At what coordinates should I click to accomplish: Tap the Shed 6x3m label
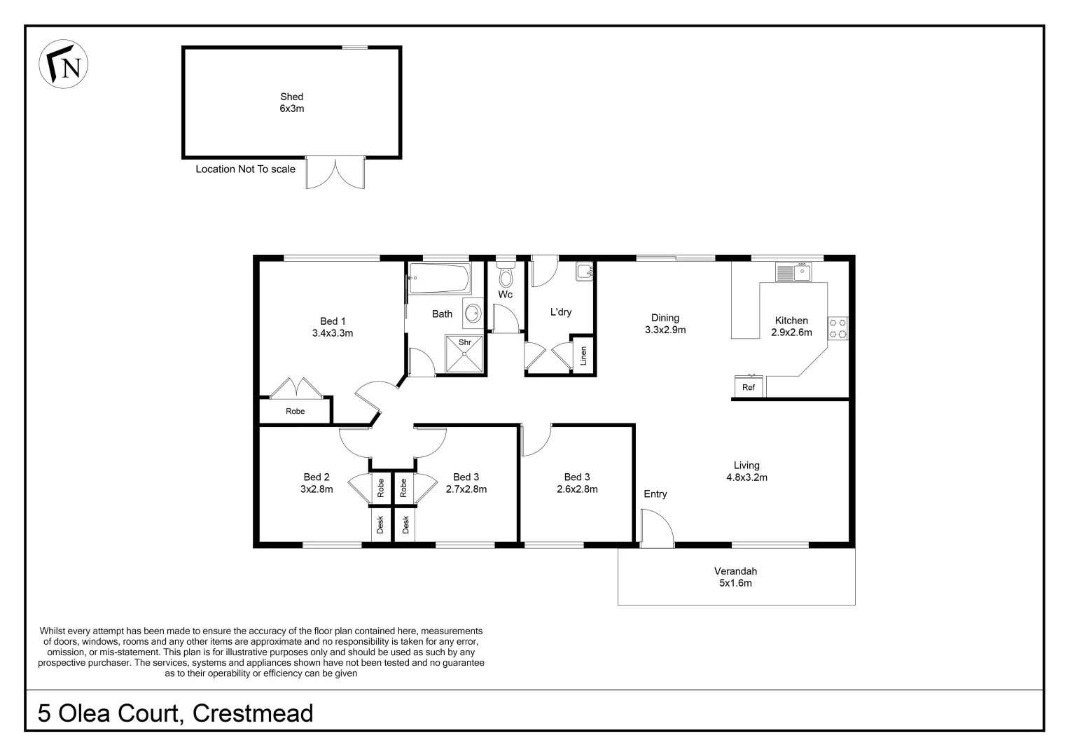click(x=291, y=103)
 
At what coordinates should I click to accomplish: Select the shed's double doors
click(x=335, y=174)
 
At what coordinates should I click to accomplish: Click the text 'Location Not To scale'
click(x=245, y=169)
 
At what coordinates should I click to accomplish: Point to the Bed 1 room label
click(x=332, y=328)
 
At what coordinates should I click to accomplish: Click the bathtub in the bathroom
click(x=440, y=279)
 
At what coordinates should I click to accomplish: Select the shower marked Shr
click(x=464, y=354)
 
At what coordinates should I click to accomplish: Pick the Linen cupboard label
click(x=583, y=356)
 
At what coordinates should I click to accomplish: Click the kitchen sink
click(x=793, y=272)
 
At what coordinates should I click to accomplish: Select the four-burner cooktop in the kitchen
click(x=838, y=328)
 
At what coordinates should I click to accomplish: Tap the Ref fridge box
click(x=749, y=387)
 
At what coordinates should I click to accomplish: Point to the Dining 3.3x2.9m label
click(x=665, y=323)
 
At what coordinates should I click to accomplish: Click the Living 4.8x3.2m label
click(x=746, y=471)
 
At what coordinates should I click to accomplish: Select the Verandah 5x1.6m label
click(x=735, y=577)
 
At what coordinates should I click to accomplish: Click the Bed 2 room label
click(x=317, y=483)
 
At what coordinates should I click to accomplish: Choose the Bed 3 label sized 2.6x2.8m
click(x=577, y=483)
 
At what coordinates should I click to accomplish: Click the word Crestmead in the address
click(x=253, y=713)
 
